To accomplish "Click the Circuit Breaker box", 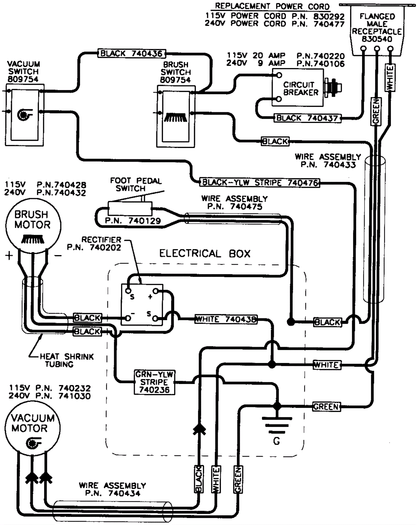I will point(297,88).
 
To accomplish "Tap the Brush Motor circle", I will point(33,226).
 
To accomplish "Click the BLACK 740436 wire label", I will point(132,54).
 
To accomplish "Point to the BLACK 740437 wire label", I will point(307,118).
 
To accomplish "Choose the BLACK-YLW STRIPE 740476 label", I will point(260,182).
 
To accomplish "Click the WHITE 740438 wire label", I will point(226,319).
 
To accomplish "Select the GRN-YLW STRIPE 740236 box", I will point(154,382).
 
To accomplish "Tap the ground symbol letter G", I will point(277,441).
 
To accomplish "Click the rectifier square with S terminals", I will point(142,305).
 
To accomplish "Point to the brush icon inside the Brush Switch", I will point(176,118).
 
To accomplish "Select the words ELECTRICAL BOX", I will point(205,254).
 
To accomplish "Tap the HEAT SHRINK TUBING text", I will point(66,360).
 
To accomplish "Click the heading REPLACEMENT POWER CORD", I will point(272,6).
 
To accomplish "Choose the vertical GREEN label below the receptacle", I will point(376,111).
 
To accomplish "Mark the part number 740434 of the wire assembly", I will point(124,493).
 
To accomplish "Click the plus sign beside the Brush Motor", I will point(9,256).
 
